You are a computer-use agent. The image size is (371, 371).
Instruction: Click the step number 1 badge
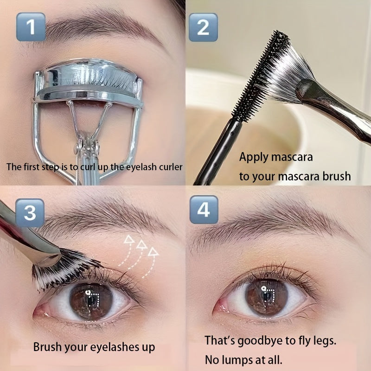click(31, 27)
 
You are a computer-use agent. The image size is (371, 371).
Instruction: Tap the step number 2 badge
click(203, 27)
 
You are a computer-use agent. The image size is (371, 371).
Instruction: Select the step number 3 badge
click(30, 213)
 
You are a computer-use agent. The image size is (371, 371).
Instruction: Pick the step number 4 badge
click(204, 210)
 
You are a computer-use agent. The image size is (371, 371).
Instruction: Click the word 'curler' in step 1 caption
click(170, 167)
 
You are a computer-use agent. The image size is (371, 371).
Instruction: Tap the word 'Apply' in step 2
click(253, 157)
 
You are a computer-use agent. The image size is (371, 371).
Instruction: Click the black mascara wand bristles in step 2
click(261, 76)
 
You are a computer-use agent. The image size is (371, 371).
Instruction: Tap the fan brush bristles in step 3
click(64, 270)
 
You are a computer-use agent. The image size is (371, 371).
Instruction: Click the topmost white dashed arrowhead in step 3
click(129, 239)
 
